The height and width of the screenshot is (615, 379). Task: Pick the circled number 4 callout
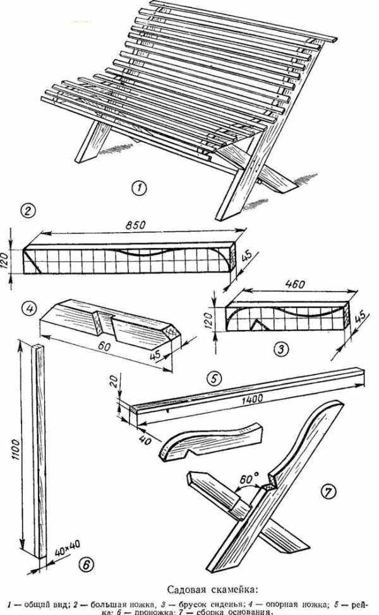tap(27, 309)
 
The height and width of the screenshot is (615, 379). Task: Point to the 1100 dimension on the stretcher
tap(16, 449)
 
